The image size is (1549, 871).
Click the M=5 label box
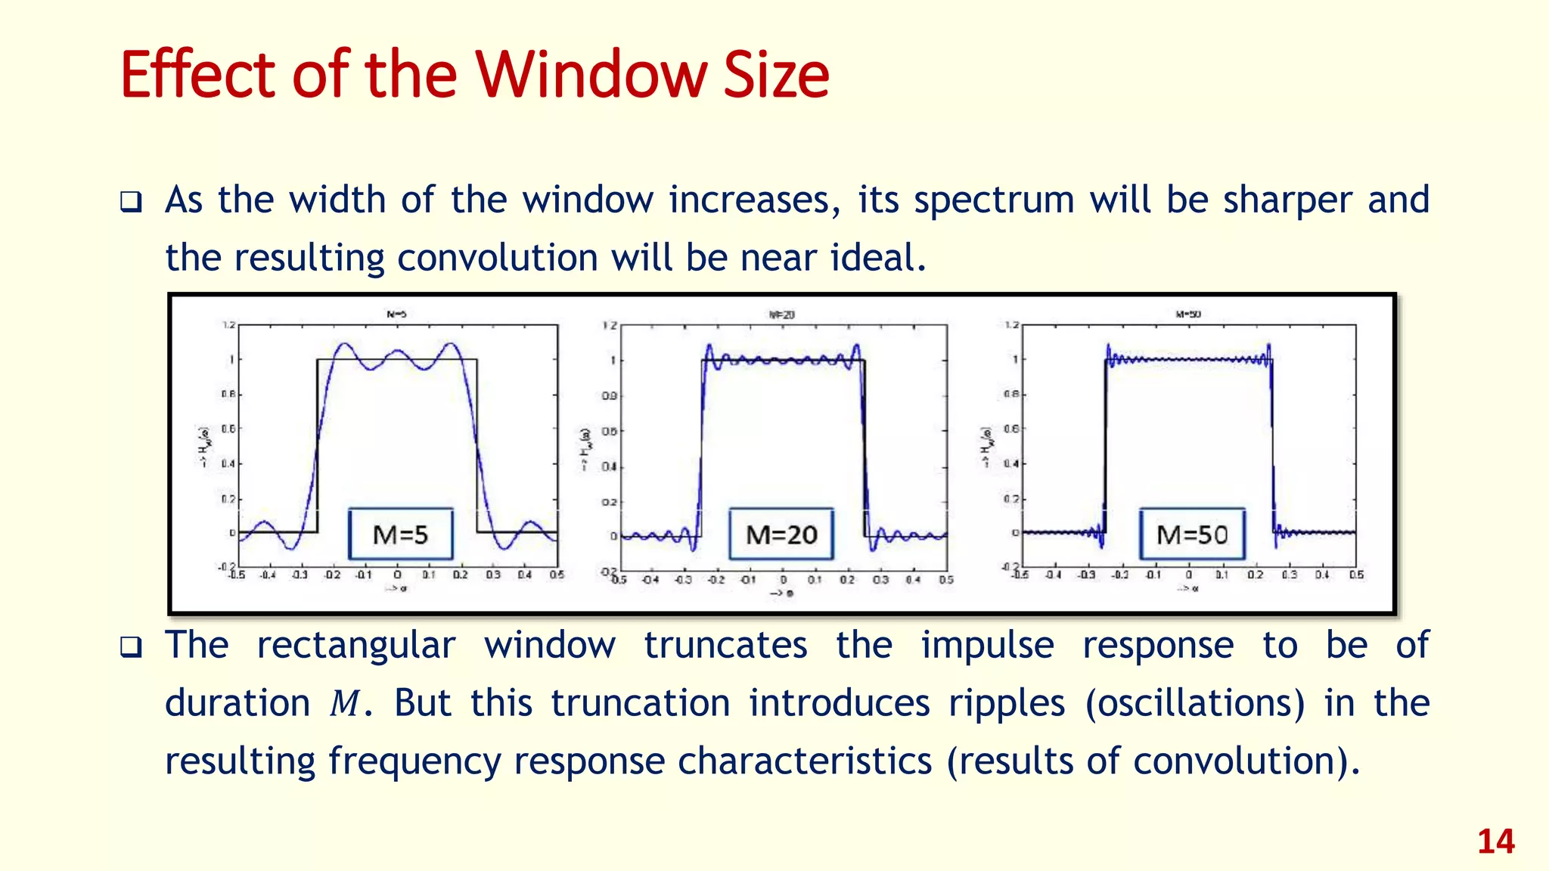click(400, 535)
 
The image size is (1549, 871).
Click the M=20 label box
click(781, 535)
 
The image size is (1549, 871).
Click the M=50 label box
click(1192, 535)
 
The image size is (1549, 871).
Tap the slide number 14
click(1495, 842)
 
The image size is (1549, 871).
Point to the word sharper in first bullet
click(1287, 201)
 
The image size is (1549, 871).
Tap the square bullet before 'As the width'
click(131, 203)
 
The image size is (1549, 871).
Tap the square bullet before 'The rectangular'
click(131, 647)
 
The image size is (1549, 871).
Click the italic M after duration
click(345, 704)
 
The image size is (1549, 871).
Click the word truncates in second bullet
click(725, 646)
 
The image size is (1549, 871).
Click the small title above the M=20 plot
click(781, 315)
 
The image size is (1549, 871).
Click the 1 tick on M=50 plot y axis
click(1015, 359)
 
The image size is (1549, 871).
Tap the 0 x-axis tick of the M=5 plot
click(397, 575)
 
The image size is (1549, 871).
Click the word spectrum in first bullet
click(994, 201)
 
